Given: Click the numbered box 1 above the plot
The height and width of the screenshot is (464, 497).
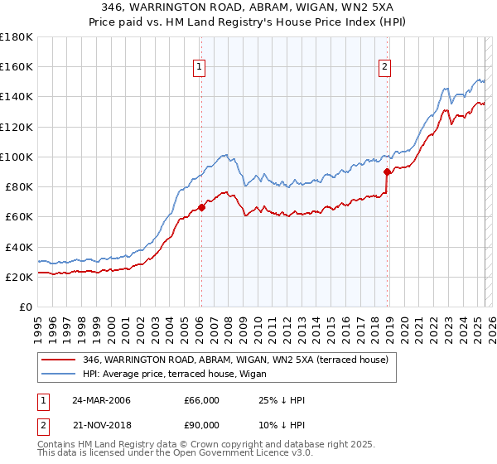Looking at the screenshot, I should click(200, 69).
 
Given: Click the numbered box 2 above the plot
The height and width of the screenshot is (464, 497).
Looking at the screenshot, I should click(386, 69).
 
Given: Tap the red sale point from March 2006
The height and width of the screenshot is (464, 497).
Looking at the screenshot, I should click(201, 207).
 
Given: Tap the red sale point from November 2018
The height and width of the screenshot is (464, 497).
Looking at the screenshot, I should click(387, 172).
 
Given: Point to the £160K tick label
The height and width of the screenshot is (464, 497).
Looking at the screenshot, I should click(17, 66).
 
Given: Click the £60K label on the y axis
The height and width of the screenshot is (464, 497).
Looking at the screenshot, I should click(19, 216).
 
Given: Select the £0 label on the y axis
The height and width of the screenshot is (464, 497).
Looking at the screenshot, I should click(26, 307).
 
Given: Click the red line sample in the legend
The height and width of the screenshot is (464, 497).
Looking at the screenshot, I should click(59, 360).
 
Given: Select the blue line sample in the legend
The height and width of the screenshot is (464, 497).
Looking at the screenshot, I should click(59, 374).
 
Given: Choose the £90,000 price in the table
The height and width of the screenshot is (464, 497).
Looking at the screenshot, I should click(201, 425).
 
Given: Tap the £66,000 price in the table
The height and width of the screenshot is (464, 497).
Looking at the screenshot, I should click(201, 400).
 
